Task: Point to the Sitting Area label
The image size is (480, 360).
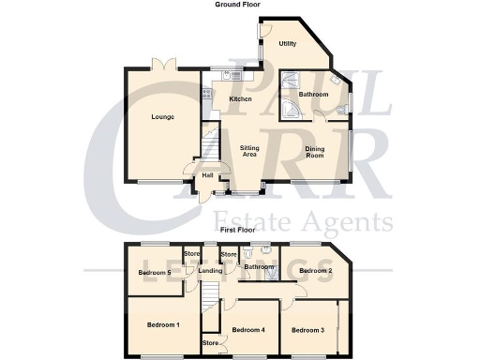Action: coord(249,151)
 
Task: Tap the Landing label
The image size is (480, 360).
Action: coord(212,271)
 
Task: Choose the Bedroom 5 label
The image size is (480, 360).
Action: coord(153,273)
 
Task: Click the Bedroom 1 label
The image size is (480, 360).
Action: coord(163,323)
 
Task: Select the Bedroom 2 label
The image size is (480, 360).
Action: coord(316,271)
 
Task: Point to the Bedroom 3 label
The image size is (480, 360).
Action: coord(307,330)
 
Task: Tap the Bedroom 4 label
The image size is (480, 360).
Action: coord(248,330)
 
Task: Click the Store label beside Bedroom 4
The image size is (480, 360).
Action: coord(211,344)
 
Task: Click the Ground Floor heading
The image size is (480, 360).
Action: coord(238,5)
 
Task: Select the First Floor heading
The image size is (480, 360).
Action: coord(238,230)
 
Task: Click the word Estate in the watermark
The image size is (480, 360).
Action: coord(272,222)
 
